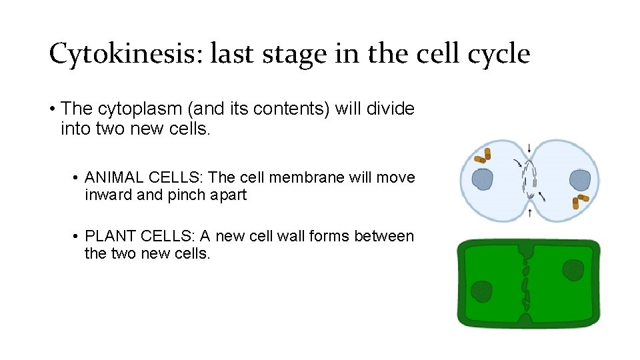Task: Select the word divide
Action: pos(389,108)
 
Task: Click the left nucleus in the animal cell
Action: pos(482,180)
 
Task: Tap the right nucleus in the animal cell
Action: pos(579,180)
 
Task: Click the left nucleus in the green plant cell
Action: pos(481,291)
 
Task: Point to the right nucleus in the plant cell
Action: pos(573,270)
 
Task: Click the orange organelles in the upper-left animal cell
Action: pos(483,156)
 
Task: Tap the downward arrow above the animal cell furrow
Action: pos(529,148)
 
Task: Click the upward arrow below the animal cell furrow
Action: pos(529,213)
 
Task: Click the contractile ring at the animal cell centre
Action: pos(529,180)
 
